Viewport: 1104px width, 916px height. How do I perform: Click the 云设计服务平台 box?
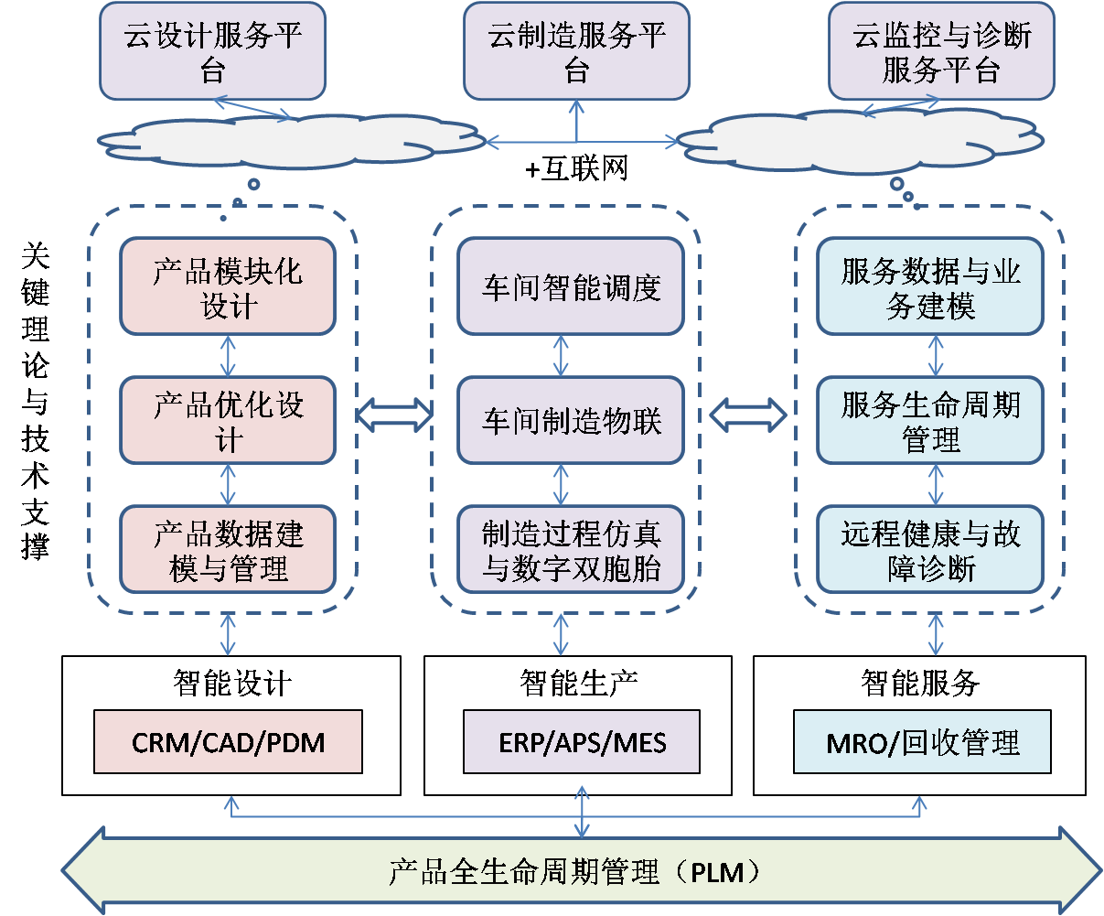tap(212, 51)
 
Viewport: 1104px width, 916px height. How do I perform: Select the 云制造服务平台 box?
tap(576, 51)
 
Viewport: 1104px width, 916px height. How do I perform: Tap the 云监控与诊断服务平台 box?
tap(941, 51)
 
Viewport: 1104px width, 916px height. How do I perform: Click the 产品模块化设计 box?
tap(228, 287)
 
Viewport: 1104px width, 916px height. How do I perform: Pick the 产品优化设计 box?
tap(228, 421)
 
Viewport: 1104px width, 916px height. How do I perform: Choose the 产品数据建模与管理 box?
tap(228, 550)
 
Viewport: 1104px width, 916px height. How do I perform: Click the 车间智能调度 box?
tap(571, 287)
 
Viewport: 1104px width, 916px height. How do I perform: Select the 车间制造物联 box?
tap(571, 421)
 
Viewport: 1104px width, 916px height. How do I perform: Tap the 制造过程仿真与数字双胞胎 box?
tap(571, 550)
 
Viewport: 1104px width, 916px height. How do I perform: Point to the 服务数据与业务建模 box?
tap(930, 287)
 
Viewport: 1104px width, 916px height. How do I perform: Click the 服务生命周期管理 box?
tap(930, 421)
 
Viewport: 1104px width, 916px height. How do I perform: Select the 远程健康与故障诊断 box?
tap(930, 550)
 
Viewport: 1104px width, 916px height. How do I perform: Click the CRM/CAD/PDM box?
tap(228, 742)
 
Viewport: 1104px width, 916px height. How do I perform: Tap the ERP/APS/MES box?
tap(582, 742)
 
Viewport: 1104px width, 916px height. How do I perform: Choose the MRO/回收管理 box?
tap(922, 742)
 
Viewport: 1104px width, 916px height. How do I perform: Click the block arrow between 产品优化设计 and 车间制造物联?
tap(393, 415)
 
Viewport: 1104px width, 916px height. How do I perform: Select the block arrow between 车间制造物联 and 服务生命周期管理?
tap(749, 415)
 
